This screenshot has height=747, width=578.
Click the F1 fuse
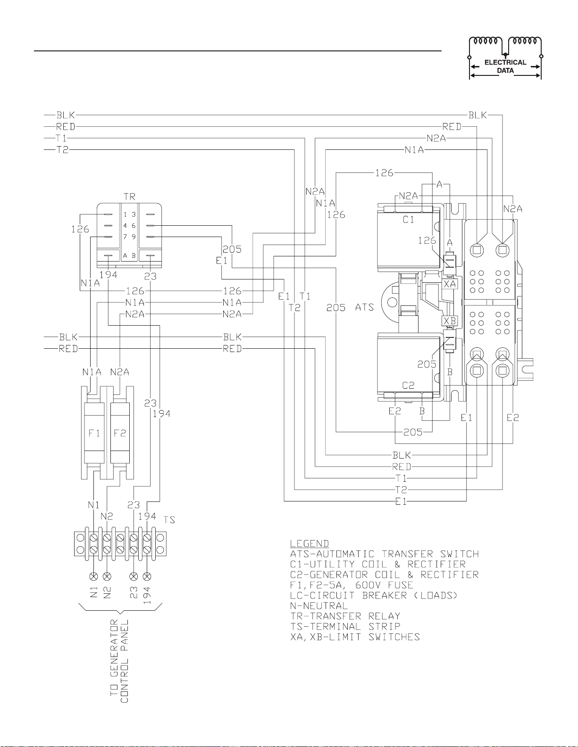(x=94, y=433)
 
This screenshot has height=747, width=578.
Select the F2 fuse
(x=120, y=433)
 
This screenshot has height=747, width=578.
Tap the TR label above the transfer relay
(x=129, y=197)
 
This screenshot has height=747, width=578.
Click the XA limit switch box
(x=450, y=284)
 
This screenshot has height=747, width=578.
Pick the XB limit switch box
(x=450, y=321)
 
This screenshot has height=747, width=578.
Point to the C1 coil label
(x=409, y=219)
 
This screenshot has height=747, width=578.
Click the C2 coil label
(x=409, y=386)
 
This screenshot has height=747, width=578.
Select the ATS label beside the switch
(x=364, y=307)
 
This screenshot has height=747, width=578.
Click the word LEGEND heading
(x=310, y=543)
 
